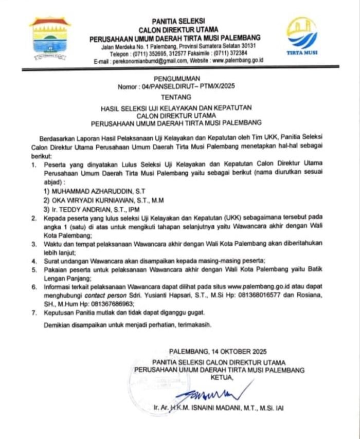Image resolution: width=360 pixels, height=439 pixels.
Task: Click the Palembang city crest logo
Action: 50,39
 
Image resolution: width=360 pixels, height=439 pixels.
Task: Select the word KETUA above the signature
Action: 222,378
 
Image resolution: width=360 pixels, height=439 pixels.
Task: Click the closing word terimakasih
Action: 193,325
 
